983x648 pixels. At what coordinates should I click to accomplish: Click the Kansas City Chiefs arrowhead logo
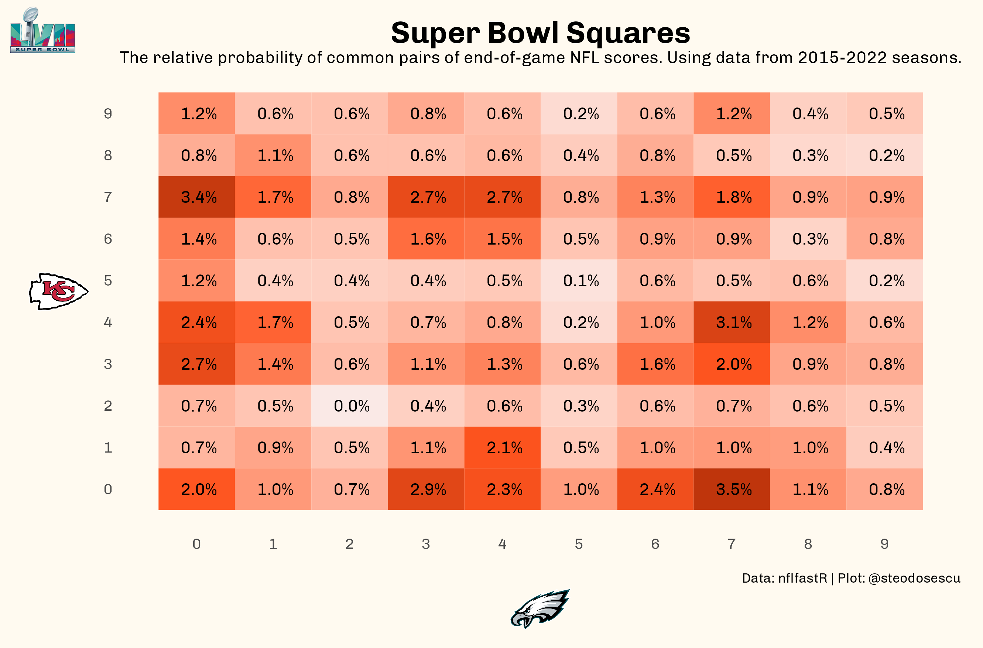58,291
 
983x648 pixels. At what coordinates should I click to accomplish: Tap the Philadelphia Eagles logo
540,608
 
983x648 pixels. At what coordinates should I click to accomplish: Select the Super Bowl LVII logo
42,31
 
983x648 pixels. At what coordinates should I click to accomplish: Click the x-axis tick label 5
579,544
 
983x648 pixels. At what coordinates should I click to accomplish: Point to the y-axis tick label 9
108,114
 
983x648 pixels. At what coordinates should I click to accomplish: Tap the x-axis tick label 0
196,544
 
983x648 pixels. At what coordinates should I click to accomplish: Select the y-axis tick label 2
108,406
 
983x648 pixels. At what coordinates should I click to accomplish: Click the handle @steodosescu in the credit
914,578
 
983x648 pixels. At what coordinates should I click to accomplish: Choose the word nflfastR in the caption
802,578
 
